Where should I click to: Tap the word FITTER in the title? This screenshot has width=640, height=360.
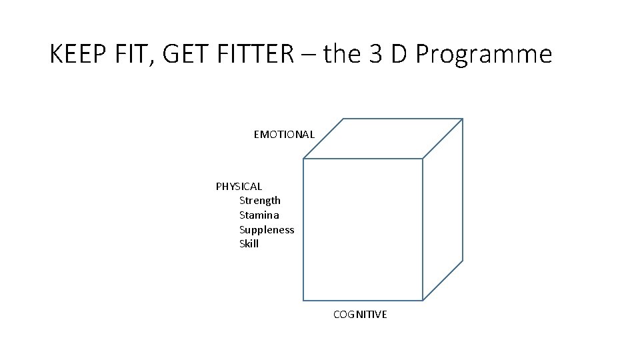click(245, 54)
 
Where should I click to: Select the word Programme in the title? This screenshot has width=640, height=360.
click(483, 54)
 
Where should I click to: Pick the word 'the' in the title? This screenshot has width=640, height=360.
click(343, 54)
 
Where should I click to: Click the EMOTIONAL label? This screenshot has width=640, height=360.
click(284, 135)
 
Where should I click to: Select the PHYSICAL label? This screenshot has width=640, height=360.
click(239, 187)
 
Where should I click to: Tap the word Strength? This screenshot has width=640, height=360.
click(260, 201)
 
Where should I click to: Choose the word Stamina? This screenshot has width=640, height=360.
click(259, 215)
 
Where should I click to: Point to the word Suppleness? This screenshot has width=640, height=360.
click(267, 230)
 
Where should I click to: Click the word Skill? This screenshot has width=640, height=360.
click(249, 244)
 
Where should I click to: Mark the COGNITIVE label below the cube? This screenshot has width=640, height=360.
click(360, 314)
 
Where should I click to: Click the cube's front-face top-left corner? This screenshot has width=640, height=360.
click(304, 159)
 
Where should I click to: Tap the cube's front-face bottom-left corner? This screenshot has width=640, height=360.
click(304, 300)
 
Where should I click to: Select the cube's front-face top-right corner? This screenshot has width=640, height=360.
click(423, 159)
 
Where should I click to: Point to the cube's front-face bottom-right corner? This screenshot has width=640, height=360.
click(423, 300)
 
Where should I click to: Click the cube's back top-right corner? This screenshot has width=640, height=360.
click(462, 119)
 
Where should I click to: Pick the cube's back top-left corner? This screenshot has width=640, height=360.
click(343, 119)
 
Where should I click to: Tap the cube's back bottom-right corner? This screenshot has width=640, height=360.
click(462, 260)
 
